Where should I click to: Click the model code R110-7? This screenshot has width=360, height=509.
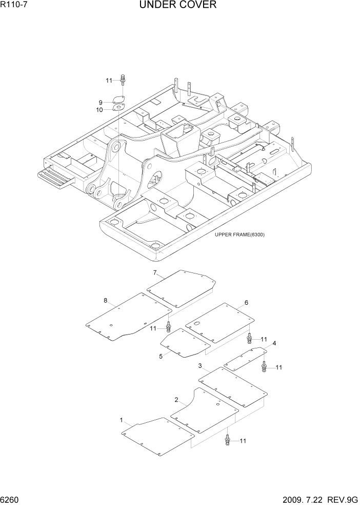click(13, 6)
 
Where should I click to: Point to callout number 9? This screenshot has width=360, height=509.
click(101, 102)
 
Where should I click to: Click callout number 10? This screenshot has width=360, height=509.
click(99, 110)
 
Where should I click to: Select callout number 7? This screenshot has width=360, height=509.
click(154, 272)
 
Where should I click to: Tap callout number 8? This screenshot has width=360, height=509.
click(106, 300)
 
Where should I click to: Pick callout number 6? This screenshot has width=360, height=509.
click(246, 303)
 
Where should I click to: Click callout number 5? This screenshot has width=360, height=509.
click(161, 356)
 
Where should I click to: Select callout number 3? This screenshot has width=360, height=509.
click(200, 366)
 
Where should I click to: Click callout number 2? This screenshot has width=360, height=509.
click(176, 400)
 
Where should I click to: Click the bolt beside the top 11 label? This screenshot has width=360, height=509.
click(123, 80)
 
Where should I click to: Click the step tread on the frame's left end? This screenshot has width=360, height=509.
click(56, 176)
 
